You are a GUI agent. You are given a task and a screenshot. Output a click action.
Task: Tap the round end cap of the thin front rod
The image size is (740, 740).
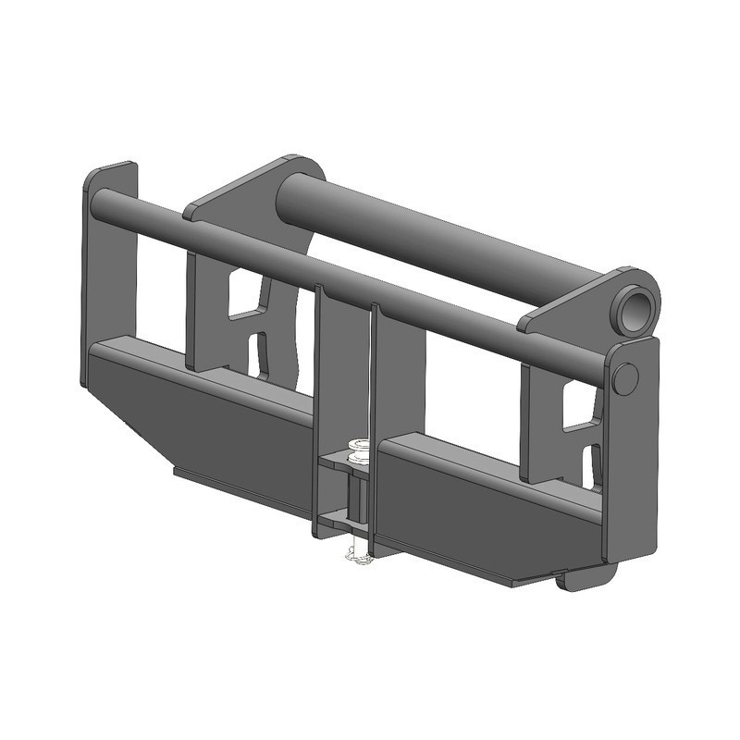point(624,378)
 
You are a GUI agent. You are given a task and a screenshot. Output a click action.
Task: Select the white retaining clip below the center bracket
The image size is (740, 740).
point(357,556)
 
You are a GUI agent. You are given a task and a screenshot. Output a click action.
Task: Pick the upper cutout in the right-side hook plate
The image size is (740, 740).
point(578,407)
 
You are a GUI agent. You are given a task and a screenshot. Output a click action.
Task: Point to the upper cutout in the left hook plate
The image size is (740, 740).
point(245,294)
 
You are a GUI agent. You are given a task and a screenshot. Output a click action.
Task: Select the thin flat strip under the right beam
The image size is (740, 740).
point(518,579)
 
